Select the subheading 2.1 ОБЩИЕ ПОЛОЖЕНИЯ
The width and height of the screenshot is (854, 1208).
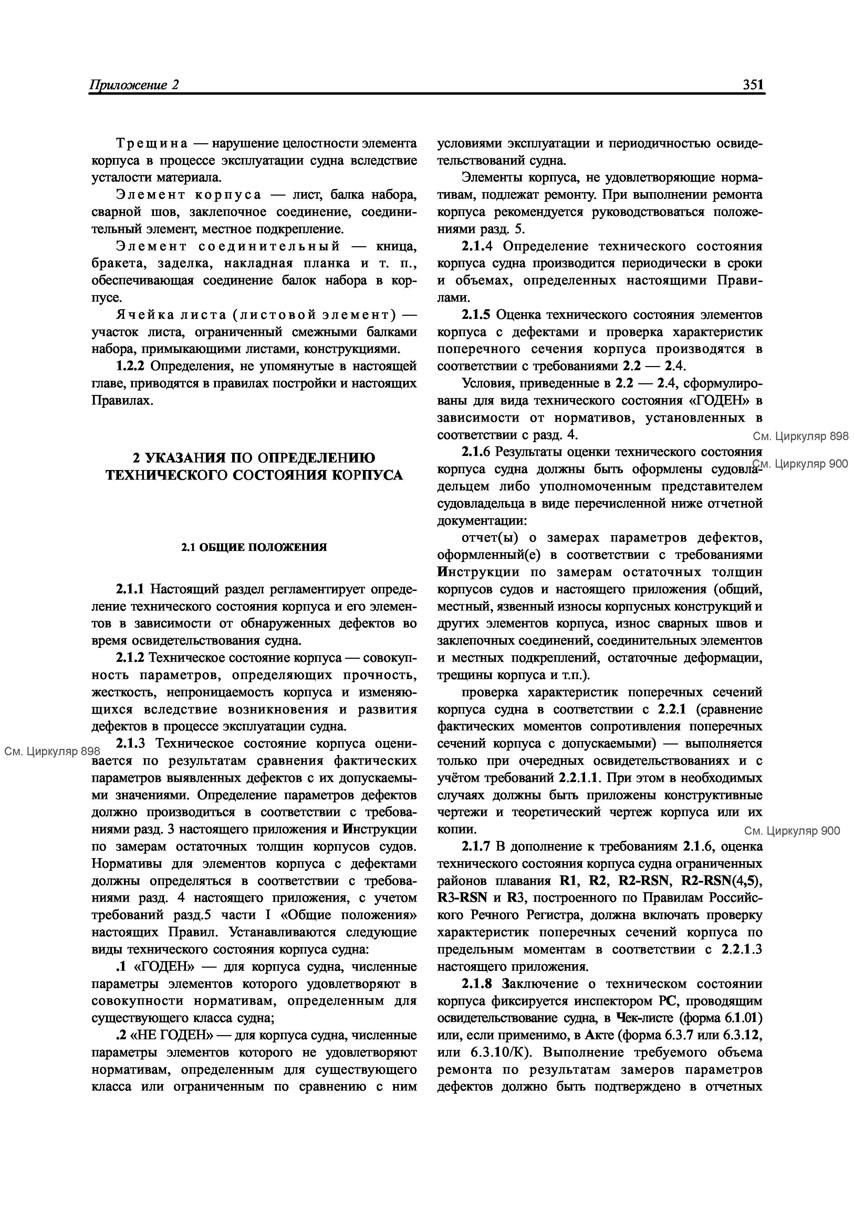click(254, 547)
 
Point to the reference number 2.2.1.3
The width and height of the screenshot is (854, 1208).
click(741, 949)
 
